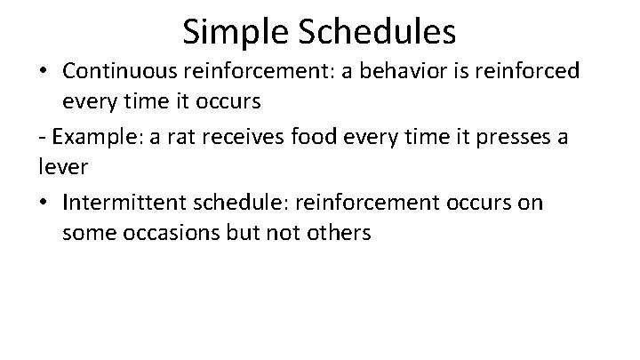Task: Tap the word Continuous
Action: tap(116, 71)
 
